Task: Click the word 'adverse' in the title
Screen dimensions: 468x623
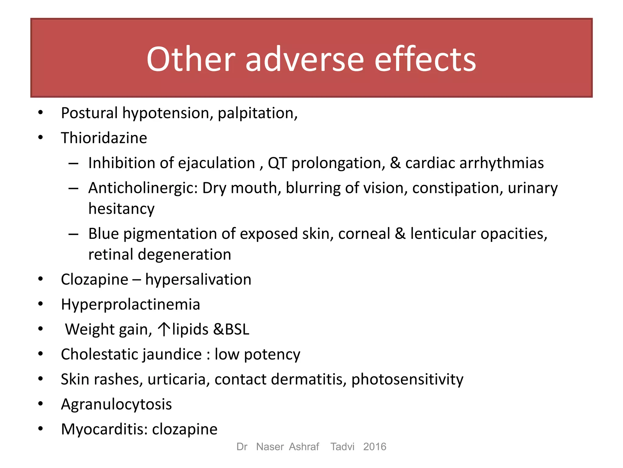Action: [305, 59]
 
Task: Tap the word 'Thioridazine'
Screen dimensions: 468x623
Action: [104, 138]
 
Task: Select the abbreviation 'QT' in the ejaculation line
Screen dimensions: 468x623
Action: [277, 163]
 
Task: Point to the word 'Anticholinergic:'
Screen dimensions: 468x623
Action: [143, 188]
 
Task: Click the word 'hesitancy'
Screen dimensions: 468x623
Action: [121, 209]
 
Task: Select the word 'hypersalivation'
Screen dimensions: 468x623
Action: [198, 280]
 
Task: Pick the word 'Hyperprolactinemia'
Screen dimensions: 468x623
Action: [131, 305]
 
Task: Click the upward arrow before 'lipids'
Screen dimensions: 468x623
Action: [164, 329]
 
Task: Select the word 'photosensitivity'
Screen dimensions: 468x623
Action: [407, 380]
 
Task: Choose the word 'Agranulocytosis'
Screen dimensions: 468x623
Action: [116, 405]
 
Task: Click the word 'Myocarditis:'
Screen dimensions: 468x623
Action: [104, 430]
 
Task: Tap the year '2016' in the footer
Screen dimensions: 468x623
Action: [374, 447]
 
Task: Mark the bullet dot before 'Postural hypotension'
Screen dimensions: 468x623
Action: [40, 113]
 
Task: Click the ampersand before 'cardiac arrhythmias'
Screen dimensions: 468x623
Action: [395, 163]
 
